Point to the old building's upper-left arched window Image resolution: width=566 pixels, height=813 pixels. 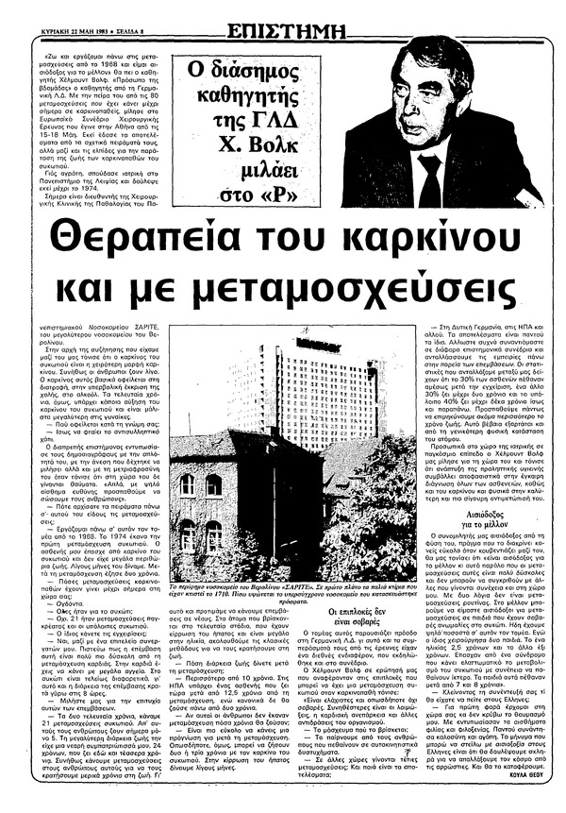coord(188,485)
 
